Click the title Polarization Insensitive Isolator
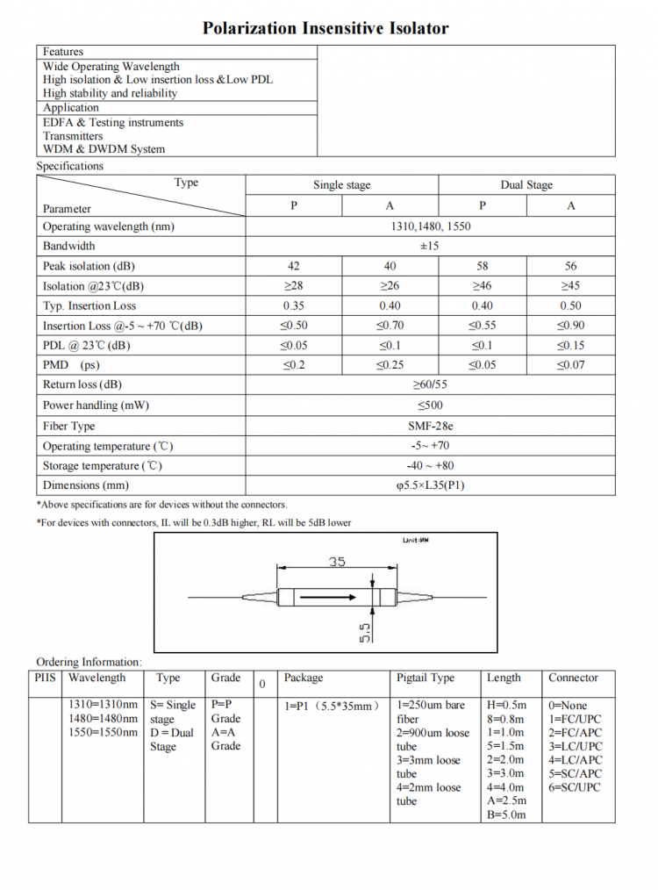[325, 28]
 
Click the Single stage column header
[341, 185]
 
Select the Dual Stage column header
[526, 185]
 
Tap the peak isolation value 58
[482, 266]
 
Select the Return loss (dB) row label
[82, 384]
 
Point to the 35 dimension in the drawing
[337, 562]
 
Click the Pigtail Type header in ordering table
[426, 678]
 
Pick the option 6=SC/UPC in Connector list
[576, 787]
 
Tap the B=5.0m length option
[506, 815]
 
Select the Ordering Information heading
[88, 662]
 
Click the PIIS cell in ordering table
[45, 678]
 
